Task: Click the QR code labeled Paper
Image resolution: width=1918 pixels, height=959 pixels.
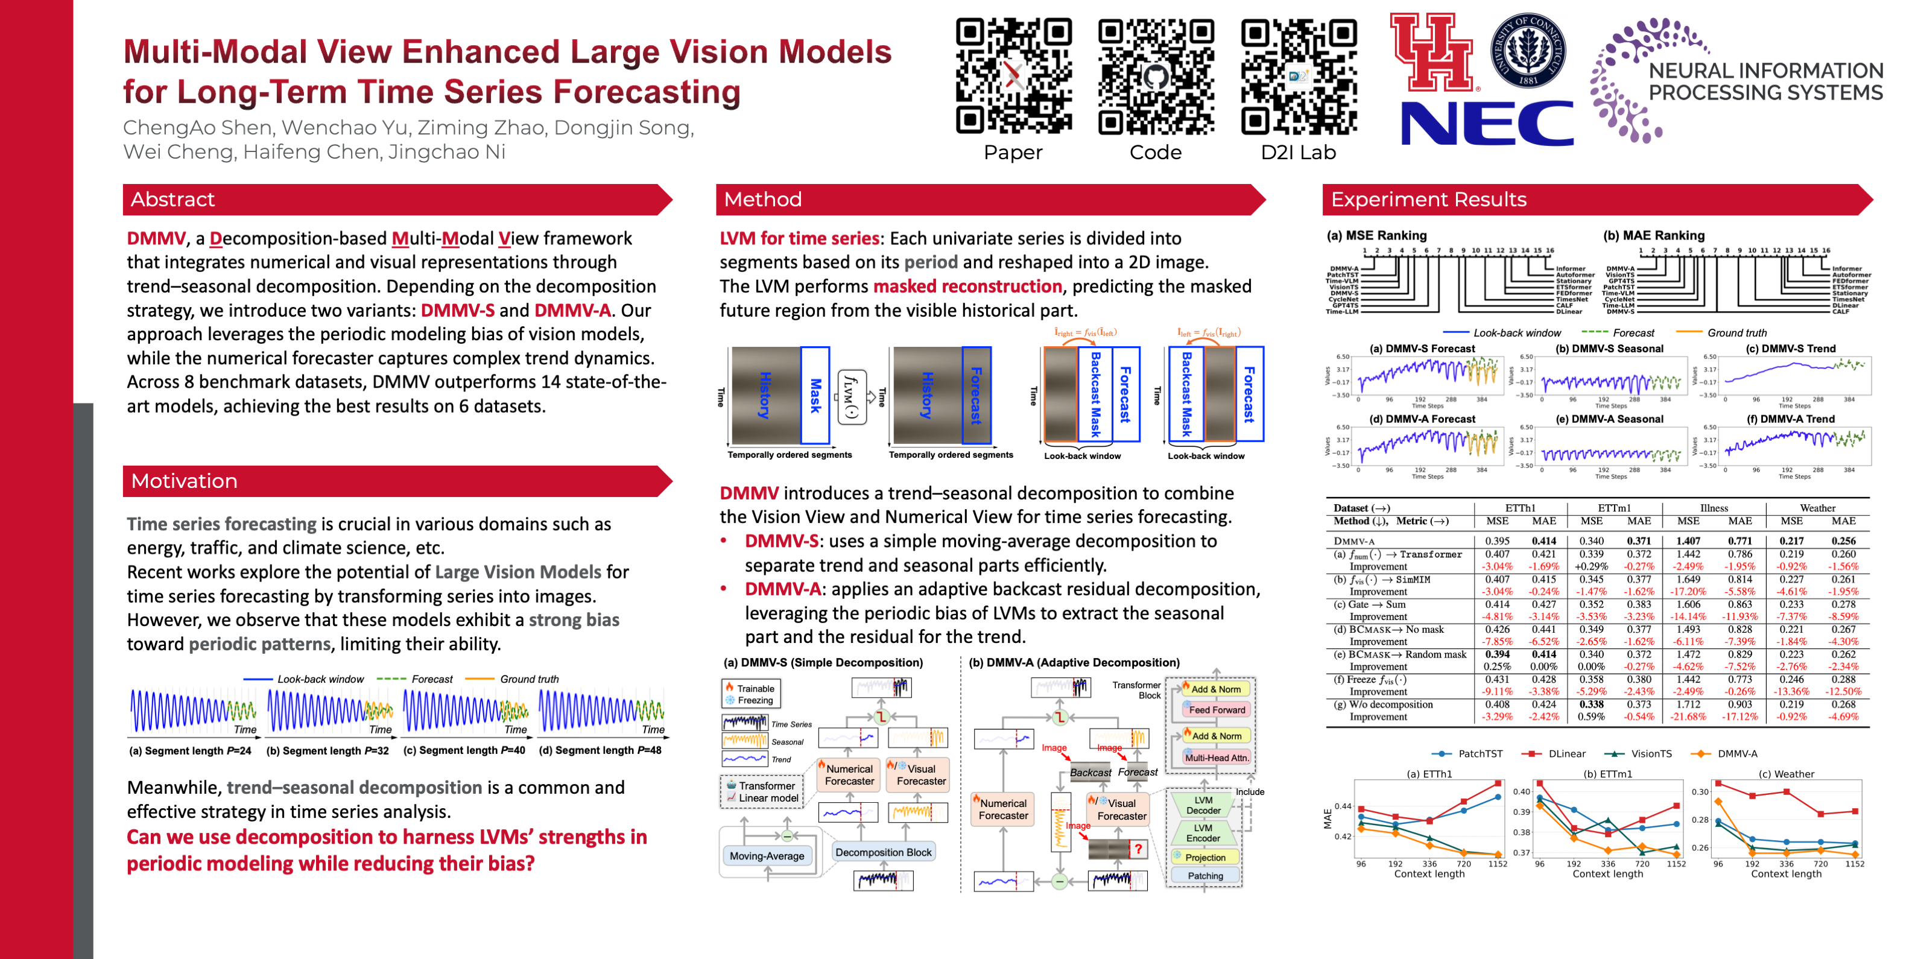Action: point(1013,76)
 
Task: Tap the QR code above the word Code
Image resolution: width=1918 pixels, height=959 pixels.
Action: point(1156,76)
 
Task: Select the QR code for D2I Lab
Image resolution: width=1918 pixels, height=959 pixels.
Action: point(1299,76)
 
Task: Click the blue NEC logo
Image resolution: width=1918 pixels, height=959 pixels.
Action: point(1486,124)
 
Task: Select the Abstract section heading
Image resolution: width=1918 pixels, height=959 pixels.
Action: point(172,200)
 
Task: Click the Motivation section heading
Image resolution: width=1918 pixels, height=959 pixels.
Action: point(184,481)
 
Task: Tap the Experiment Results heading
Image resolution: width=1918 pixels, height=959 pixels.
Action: point(1428,200)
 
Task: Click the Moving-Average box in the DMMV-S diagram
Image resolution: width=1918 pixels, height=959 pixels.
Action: point(766,856)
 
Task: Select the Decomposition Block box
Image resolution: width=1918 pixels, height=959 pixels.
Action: point(883,852)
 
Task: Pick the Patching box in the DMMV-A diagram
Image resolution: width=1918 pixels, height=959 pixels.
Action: point(1204,876)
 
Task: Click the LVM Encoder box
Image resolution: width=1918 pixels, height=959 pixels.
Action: point(1203,833)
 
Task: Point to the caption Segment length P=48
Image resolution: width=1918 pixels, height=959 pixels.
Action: point(600,750)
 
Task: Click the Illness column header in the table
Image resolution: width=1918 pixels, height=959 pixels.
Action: point(1714,508)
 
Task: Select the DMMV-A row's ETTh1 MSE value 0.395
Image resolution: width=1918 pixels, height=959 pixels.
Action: point(1498,541)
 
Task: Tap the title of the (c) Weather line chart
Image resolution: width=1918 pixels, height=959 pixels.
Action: point(1786,774)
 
